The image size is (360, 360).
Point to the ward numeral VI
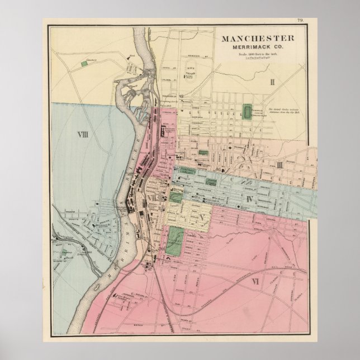257,280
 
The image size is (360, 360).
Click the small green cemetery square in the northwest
85,64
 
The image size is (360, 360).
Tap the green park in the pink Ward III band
202,153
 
